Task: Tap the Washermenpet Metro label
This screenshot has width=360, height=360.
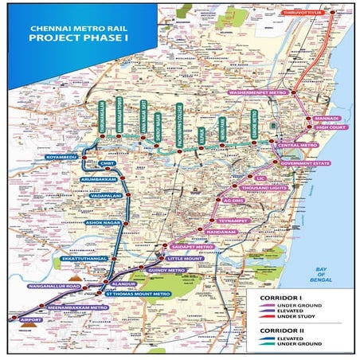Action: click(278, 92)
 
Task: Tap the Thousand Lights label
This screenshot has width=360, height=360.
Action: click(260, 186)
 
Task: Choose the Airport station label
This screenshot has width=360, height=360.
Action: click(25, 320)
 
